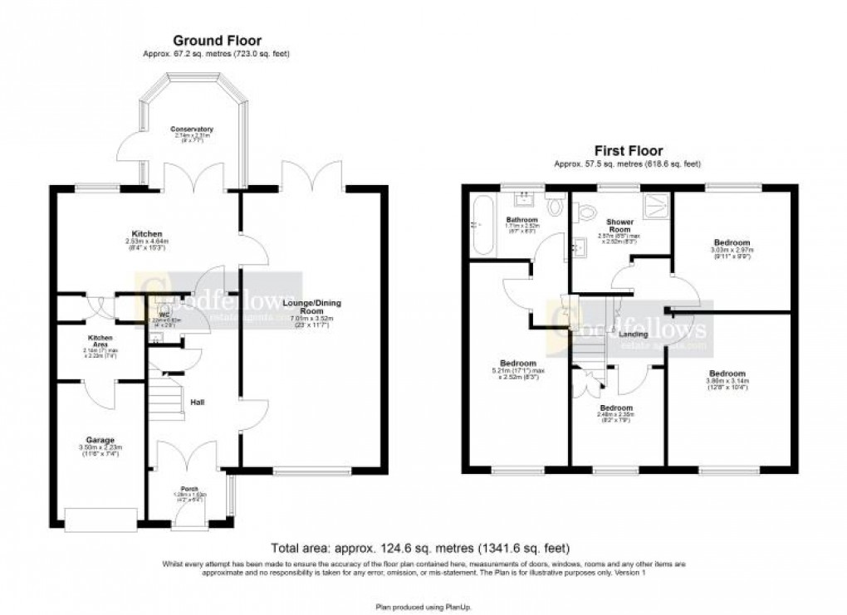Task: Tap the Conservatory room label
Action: (193, 129)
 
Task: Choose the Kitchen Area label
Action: (100, 342)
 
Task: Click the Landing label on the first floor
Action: (634, 334)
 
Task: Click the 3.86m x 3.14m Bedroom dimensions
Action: (727, 386)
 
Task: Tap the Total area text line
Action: (421, 549)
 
